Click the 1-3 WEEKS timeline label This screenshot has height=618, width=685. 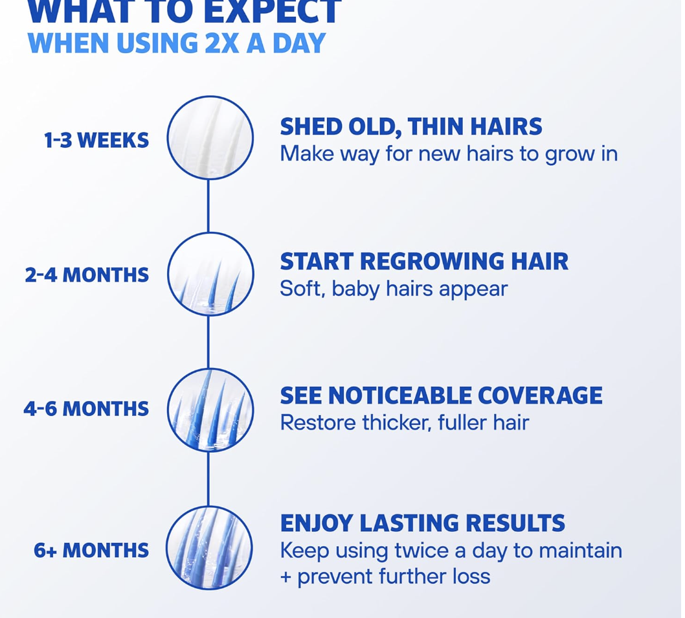96,141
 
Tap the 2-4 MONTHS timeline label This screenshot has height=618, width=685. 87,275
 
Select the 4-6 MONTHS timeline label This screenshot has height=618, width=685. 86,409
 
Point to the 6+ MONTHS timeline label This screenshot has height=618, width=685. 91,550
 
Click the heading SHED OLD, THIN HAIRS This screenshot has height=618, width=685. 411,127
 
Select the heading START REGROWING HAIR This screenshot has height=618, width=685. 424,261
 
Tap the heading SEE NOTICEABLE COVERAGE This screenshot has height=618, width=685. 441,396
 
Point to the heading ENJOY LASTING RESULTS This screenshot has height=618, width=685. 422,523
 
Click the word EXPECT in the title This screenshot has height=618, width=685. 272,12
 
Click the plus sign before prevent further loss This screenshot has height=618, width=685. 286,577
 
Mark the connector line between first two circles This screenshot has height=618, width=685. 208,206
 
